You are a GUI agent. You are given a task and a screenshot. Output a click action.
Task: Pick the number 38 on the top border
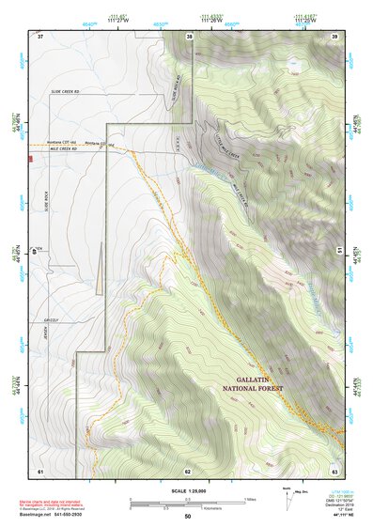click(190, 37)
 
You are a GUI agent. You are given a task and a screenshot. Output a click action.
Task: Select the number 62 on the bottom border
click(188, 471)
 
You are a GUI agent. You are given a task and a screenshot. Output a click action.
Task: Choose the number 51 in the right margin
click(339, 252)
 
